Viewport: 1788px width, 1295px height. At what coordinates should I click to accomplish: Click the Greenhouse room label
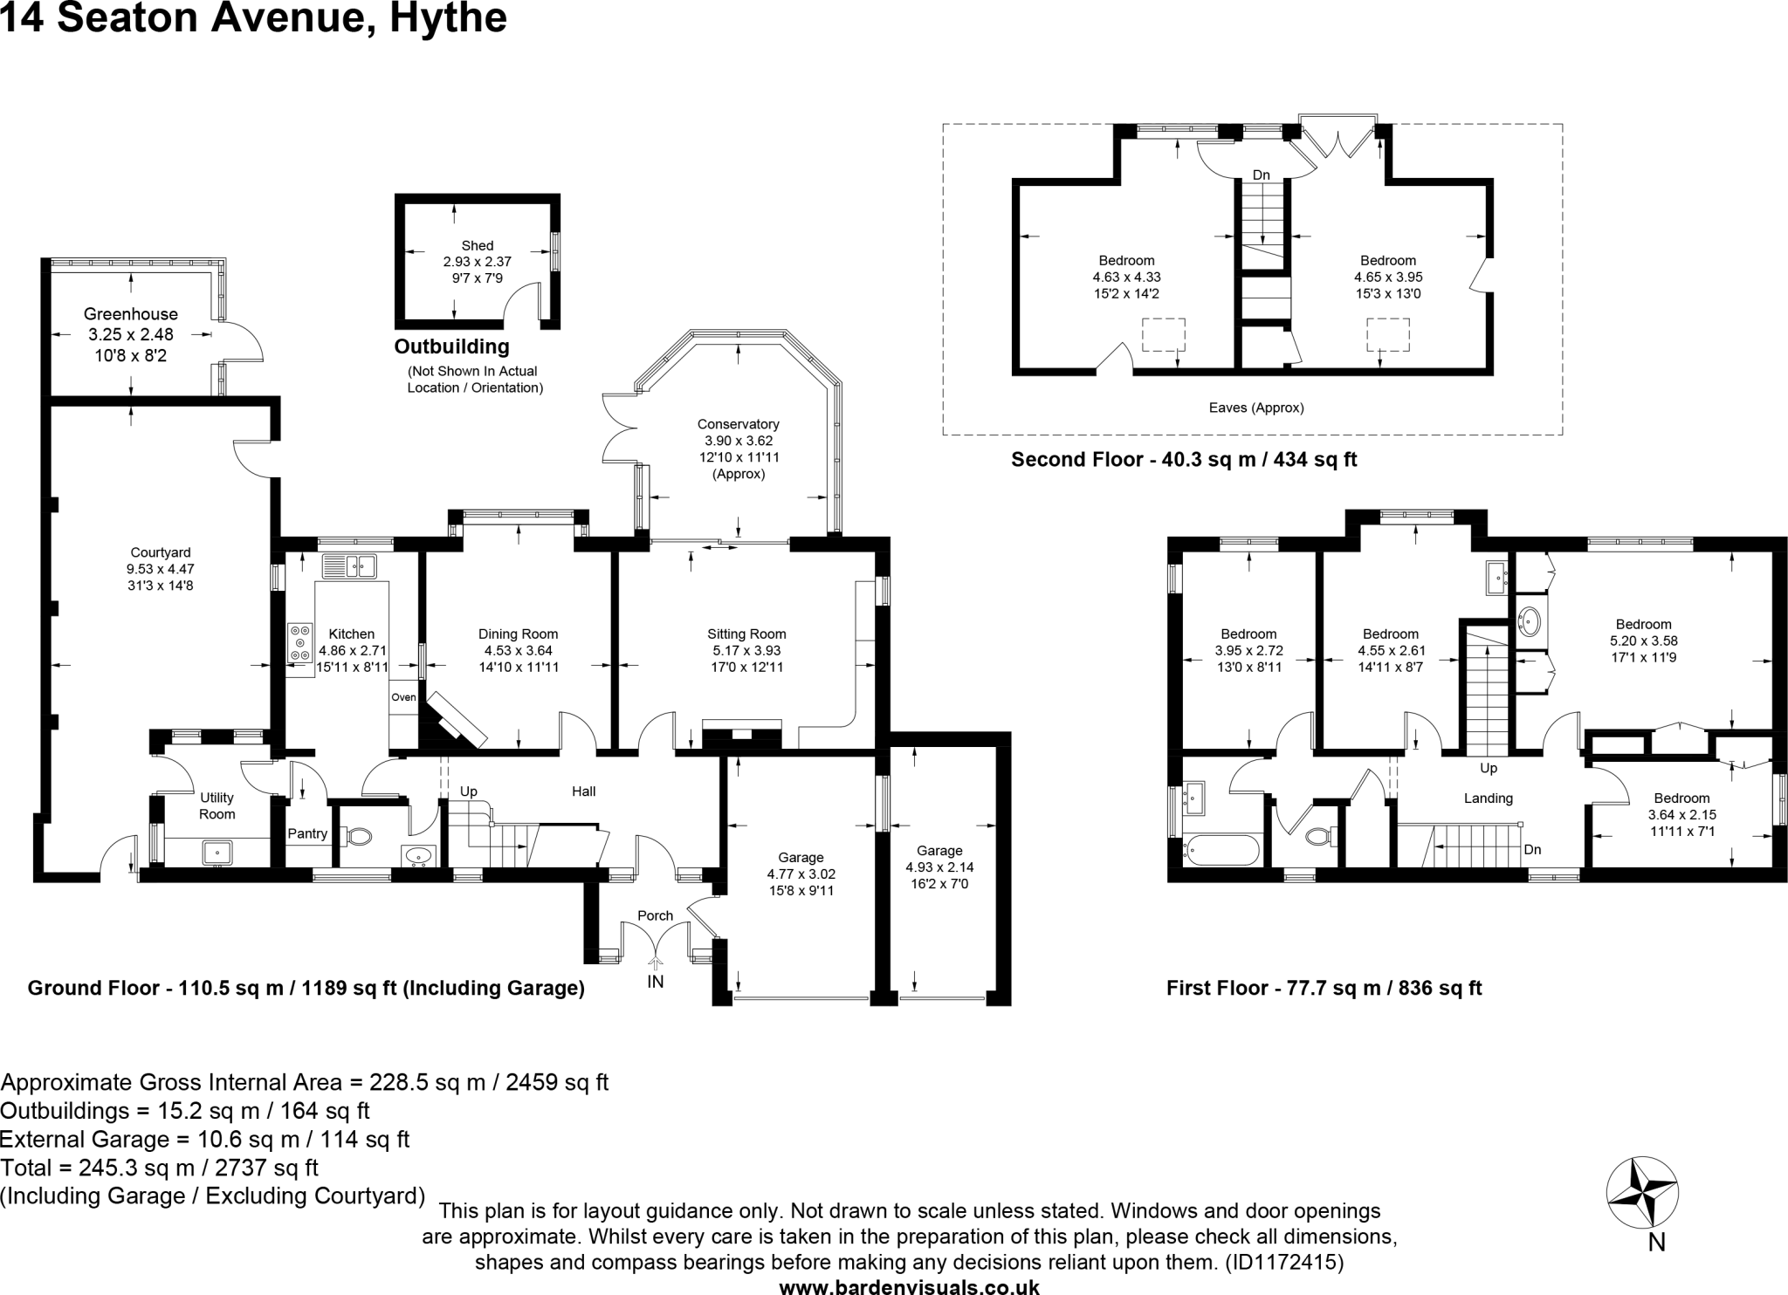(x=131, y=314)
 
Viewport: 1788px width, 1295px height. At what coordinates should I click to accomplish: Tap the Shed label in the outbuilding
(x=478, y=246)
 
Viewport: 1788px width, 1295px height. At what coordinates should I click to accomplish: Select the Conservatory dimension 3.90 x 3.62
(x=739, y=442)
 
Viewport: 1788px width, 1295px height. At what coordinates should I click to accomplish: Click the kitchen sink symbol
(x=349, y=566)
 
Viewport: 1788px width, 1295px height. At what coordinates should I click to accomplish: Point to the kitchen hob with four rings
(x=300, y=642)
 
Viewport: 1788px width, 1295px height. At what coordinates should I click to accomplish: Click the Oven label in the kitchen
(x=403, y=697)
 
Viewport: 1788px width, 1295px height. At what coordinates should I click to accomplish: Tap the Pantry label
(x=307, y=833)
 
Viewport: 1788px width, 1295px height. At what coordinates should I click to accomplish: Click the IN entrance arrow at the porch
(x=655, y=963)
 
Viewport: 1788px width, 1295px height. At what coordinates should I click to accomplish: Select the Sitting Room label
(x=746, y=634)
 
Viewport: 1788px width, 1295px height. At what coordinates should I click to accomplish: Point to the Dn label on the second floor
(x=1261, y=175)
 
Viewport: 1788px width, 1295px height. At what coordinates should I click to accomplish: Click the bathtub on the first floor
(x=1221, y=849)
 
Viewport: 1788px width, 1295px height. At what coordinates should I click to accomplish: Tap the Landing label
(x=1488, y=798)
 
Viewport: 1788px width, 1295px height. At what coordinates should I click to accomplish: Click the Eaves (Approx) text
(x=1255, y=408)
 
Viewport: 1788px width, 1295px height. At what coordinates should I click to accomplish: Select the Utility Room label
(x=217, y=805)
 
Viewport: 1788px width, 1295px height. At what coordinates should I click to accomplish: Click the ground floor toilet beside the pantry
(x=358, y=836)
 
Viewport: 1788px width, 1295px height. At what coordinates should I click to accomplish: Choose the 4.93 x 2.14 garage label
(x=939, y=867)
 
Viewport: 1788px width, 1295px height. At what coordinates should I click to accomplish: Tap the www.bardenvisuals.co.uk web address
(x=909, y=1286)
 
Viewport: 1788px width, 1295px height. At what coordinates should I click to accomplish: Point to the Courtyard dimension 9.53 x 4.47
(x=160, y=569)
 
